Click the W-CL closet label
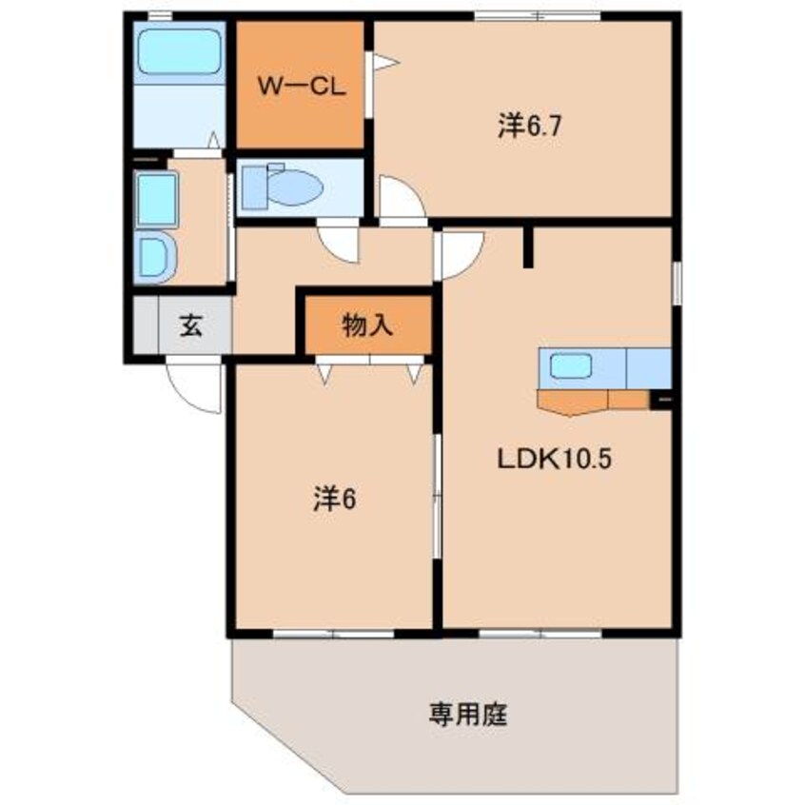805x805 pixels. click(296, 85)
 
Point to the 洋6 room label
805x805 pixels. click(333, 500)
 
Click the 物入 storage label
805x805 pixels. click(367, 325)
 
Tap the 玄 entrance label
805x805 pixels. click(190, 325)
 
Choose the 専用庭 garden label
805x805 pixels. click(467, 713)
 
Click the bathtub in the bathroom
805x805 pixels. click(178, 52)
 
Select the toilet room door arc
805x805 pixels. click(335, 244)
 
